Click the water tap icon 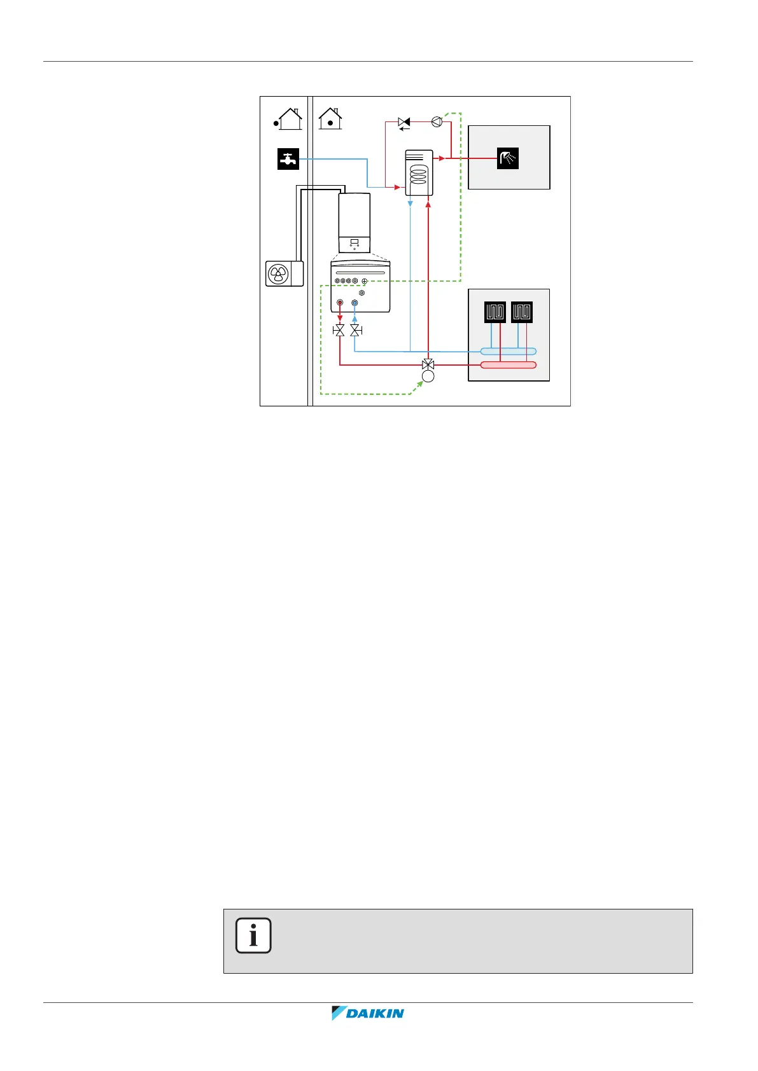288,158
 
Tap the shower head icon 508,158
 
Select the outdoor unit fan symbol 278,274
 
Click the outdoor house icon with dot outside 289,119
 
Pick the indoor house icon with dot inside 330,119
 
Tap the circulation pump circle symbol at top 437,121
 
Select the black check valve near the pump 404,121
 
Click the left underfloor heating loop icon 495,312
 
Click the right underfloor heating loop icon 522,312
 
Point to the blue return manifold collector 508,351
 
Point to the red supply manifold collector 508,365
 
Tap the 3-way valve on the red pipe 428,365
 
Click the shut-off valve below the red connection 340,330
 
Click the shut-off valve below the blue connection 355,330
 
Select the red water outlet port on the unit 340,303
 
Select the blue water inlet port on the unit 355,303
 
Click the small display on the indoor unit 354,242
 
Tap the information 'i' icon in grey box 253,936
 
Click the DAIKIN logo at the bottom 368,1013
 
